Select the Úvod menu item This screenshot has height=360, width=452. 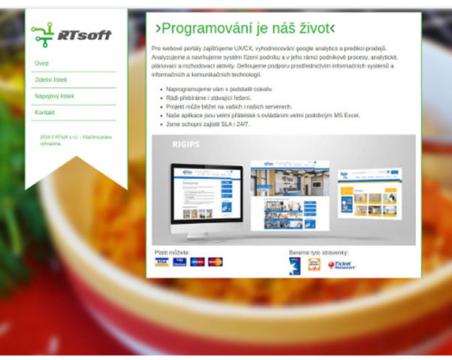pos(41,64)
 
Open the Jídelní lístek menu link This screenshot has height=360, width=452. pos(51,80)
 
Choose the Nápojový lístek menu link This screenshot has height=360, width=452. pos(54,96)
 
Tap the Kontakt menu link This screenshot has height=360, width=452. pos(45,113)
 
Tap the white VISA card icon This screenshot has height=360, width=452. pos(161,262)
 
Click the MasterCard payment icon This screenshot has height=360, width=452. pos(215,262)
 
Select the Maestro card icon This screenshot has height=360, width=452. pos(197,262)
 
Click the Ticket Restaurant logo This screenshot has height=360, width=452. pos(341,265)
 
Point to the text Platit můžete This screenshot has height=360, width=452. pos(172,253)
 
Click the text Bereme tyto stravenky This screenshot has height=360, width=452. pos(318,253)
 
